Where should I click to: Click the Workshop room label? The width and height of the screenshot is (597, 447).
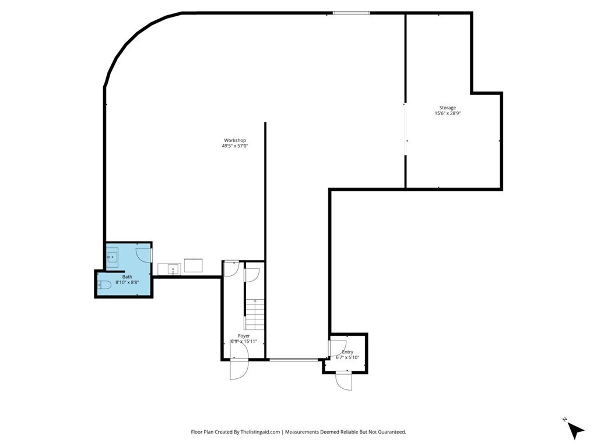coord(234,140)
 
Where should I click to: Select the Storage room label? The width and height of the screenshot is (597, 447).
coord(447,108)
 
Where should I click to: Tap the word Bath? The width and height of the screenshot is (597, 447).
coord(127,276)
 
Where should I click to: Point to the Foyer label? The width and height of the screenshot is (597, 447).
coord(244,336)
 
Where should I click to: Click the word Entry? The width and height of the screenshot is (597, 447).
coord(347,352)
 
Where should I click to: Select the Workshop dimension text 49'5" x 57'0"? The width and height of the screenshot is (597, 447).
coord(235,146)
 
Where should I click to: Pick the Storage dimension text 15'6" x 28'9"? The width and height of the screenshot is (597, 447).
coord(448,113)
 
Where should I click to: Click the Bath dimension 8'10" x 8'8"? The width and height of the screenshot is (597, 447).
coord(127,282)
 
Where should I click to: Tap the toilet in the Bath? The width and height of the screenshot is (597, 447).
coord(104,285)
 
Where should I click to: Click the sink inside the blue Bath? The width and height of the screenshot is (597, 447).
coord(112,257)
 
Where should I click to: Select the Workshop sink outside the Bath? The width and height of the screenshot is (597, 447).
coord(170,269)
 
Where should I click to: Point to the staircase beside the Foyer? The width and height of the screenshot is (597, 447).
coord(254,314)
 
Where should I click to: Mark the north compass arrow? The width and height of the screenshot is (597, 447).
coord(575,431)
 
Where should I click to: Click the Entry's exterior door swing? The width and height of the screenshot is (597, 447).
coord(344,381)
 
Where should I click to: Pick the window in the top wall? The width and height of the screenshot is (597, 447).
coord(351,13)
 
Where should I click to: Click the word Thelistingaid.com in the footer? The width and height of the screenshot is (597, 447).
coord(261,432)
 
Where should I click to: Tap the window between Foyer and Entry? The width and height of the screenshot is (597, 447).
coord(294,359)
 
